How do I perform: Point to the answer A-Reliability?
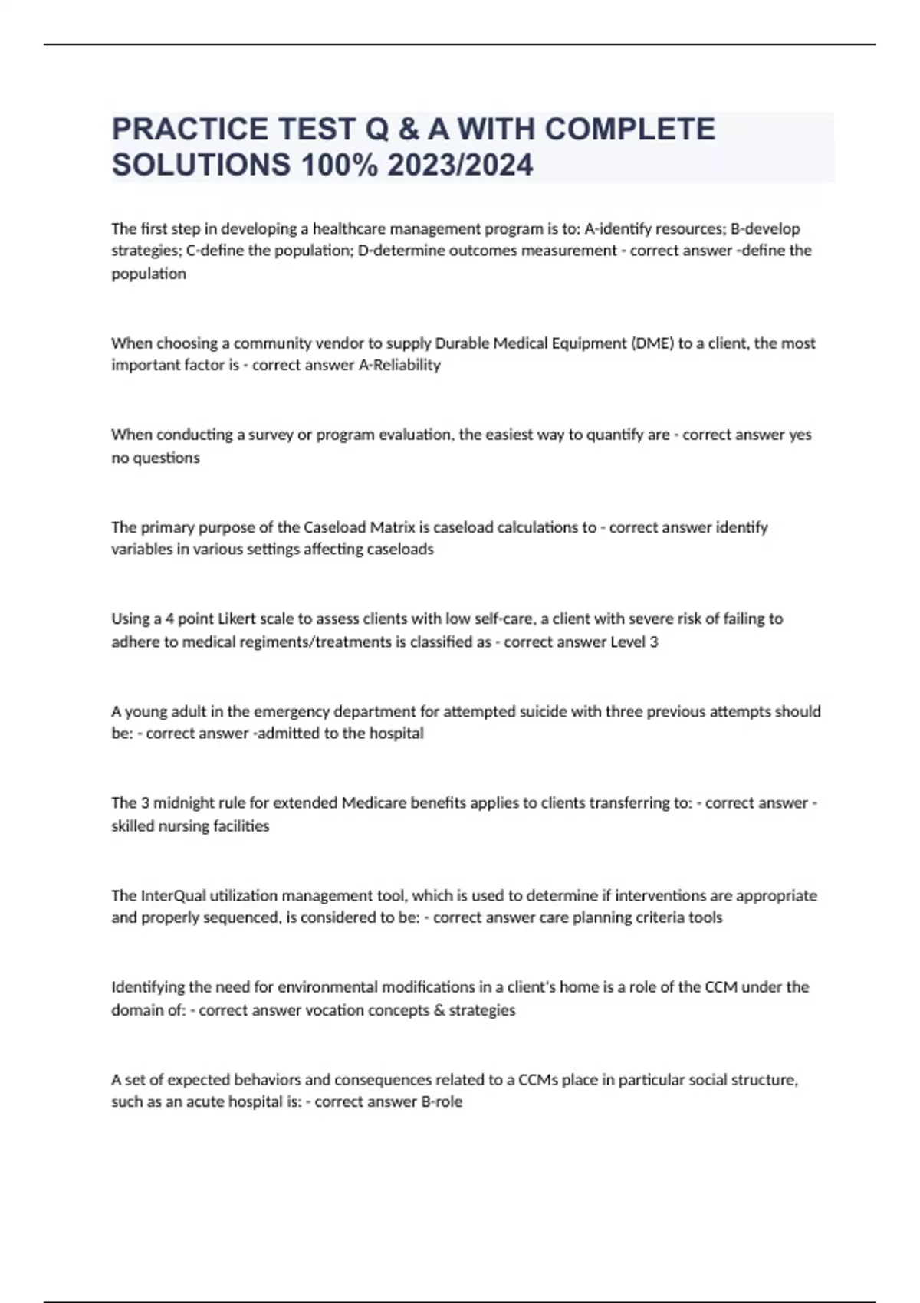click(x=399, y=365)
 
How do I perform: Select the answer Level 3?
click(x=633, y=642)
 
